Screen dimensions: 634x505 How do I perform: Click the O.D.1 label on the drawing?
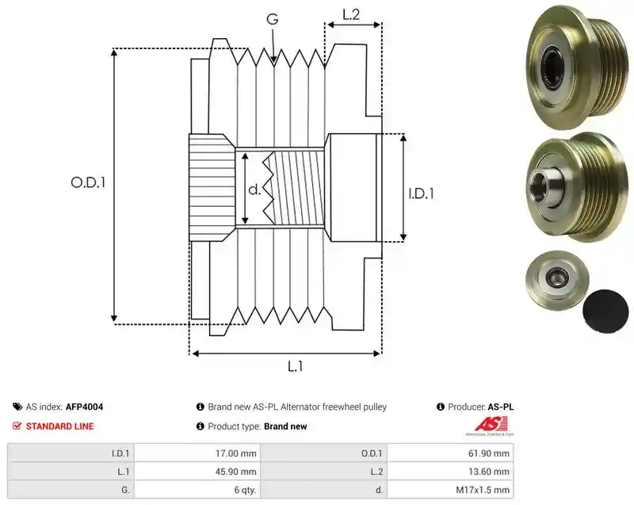point(88,182)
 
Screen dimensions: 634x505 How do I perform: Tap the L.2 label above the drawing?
point(351,14)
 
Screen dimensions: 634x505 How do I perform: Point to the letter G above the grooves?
point(273,19)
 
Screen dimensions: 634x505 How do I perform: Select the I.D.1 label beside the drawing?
point(421,193)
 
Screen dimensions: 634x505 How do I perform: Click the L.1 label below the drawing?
point(295,366)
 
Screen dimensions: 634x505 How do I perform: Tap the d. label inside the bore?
point(254,189)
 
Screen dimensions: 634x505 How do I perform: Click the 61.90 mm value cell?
point(450,453)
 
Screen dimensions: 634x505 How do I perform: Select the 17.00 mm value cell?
point(197,453)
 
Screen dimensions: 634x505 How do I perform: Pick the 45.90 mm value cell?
point(197,472)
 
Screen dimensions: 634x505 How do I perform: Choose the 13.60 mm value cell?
point(450,472)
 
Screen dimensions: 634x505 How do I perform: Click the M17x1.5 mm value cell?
point(450,490)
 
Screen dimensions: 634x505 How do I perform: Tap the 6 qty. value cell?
point(197,490)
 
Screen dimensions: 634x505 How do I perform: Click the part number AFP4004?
point(84,407)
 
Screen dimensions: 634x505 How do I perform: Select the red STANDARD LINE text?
point(60,427)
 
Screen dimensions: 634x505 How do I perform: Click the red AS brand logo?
point(491,425)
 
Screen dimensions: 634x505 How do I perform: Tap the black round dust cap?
point(605,312)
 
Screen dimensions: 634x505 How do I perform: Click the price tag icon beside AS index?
point(17,407)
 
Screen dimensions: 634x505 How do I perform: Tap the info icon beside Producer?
point(441,407)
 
